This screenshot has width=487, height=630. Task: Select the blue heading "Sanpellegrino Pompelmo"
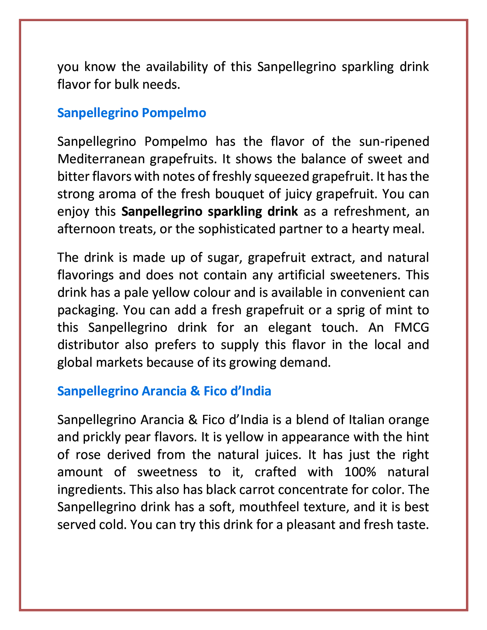pos(131,113)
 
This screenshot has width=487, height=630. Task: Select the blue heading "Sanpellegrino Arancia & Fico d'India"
pos(164,391)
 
